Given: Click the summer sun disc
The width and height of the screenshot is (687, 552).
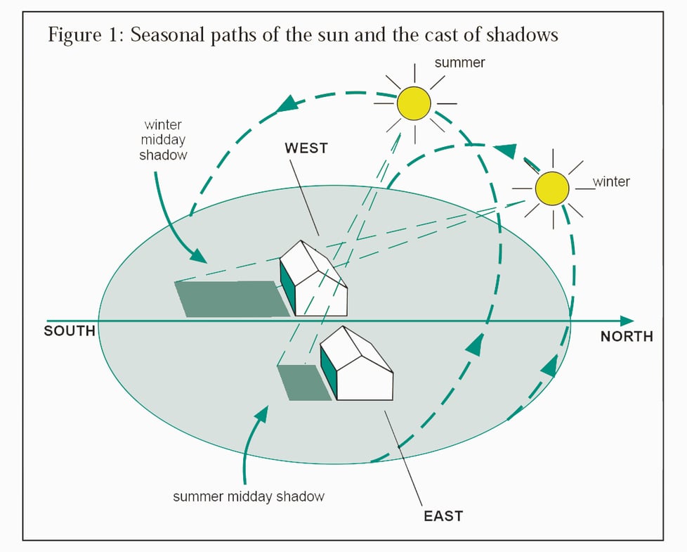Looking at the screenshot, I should [x=414, y=104].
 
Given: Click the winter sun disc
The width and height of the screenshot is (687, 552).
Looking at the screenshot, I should [x=551, y=188].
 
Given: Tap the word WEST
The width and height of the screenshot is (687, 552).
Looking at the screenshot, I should [x=306, y=148].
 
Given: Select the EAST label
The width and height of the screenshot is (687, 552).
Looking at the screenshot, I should [x=443, y=516].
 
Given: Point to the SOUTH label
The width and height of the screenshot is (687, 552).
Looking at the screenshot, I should [x=69, y=330].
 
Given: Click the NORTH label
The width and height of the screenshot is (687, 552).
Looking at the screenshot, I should [x=627, y=337].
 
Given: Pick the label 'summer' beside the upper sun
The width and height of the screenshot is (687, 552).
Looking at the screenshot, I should [x=459, y=63].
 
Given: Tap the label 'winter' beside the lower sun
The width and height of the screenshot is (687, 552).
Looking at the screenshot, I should [x=611, y=182].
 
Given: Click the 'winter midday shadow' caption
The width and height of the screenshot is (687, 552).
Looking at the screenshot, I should [x=163, y=140].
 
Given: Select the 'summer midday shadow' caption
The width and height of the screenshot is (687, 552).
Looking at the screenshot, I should [x=249, y=496].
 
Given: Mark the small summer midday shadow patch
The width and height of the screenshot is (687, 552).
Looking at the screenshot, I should [x=303, y=382].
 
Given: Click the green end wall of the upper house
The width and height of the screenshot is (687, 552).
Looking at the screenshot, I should [x=287, y=285].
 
